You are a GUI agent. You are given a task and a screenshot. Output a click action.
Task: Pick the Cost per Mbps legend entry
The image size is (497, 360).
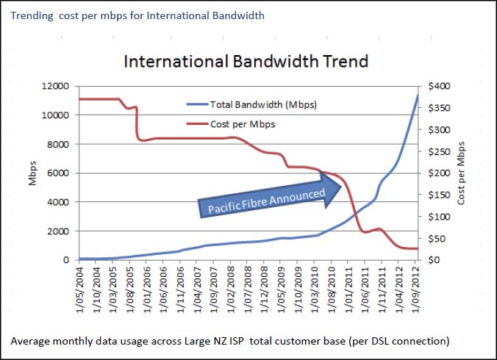click(x=243, y=124)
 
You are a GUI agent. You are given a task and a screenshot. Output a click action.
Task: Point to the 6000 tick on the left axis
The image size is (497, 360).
click(x=58, y=173)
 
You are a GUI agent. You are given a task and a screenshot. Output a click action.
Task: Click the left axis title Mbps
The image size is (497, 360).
click(x=33, y=173)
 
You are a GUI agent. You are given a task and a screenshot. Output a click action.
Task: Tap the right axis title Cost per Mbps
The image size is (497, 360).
click(x=462, y=173)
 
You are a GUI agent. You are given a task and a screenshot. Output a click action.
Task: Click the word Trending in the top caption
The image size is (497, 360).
click(x=32, y=15)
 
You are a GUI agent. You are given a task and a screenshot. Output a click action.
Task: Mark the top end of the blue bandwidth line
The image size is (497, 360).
click(x=418, y=96)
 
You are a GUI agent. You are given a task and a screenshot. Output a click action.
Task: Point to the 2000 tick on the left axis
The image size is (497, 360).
click(x=58, y=231)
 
